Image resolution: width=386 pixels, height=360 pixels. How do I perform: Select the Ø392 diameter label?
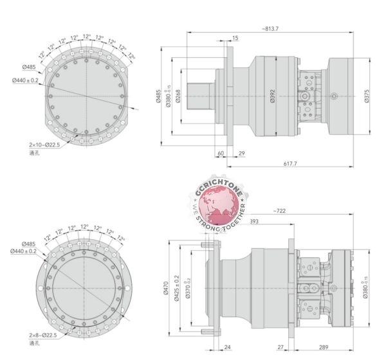point(272,96)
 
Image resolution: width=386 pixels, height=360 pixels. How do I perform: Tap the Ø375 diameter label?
point(367,96)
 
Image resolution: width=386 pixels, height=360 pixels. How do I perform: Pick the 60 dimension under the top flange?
point(221,154)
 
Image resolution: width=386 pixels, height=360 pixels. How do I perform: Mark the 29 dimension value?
point(241,154)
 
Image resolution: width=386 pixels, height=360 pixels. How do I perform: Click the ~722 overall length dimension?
point(279,211)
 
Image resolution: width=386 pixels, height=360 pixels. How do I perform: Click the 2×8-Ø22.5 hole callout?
point(43,335)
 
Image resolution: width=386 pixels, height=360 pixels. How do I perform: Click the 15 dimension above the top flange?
point(235,39)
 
